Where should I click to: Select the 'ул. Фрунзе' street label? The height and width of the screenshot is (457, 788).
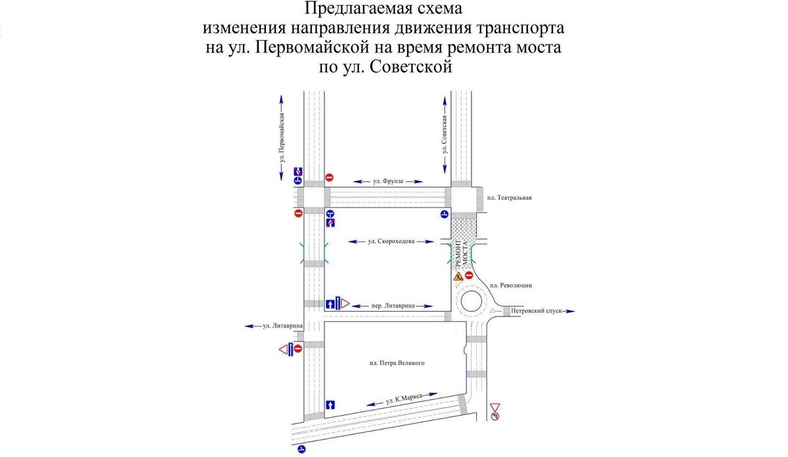tap(387, 181)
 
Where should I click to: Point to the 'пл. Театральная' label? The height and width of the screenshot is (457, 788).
tap(508, 198)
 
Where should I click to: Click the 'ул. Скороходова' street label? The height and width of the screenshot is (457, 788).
tap(391, 242)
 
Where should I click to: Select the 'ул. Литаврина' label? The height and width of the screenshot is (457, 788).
tap(282, 326)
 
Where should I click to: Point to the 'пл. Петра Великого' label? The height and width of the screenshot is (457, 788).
tap(393, 362)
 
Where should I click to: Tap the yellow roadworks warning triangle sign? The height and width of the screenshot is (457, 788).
tap(458, 277)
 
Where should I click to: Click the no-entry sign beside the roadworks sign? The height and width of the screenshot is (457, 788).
tap(470, 276)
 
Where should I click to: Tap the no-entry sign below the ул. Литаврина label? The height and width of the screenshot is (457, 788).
tap(297, 349)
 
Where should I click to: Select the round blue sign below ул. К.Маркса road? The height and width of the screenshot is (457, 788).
tap(301, 449)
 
